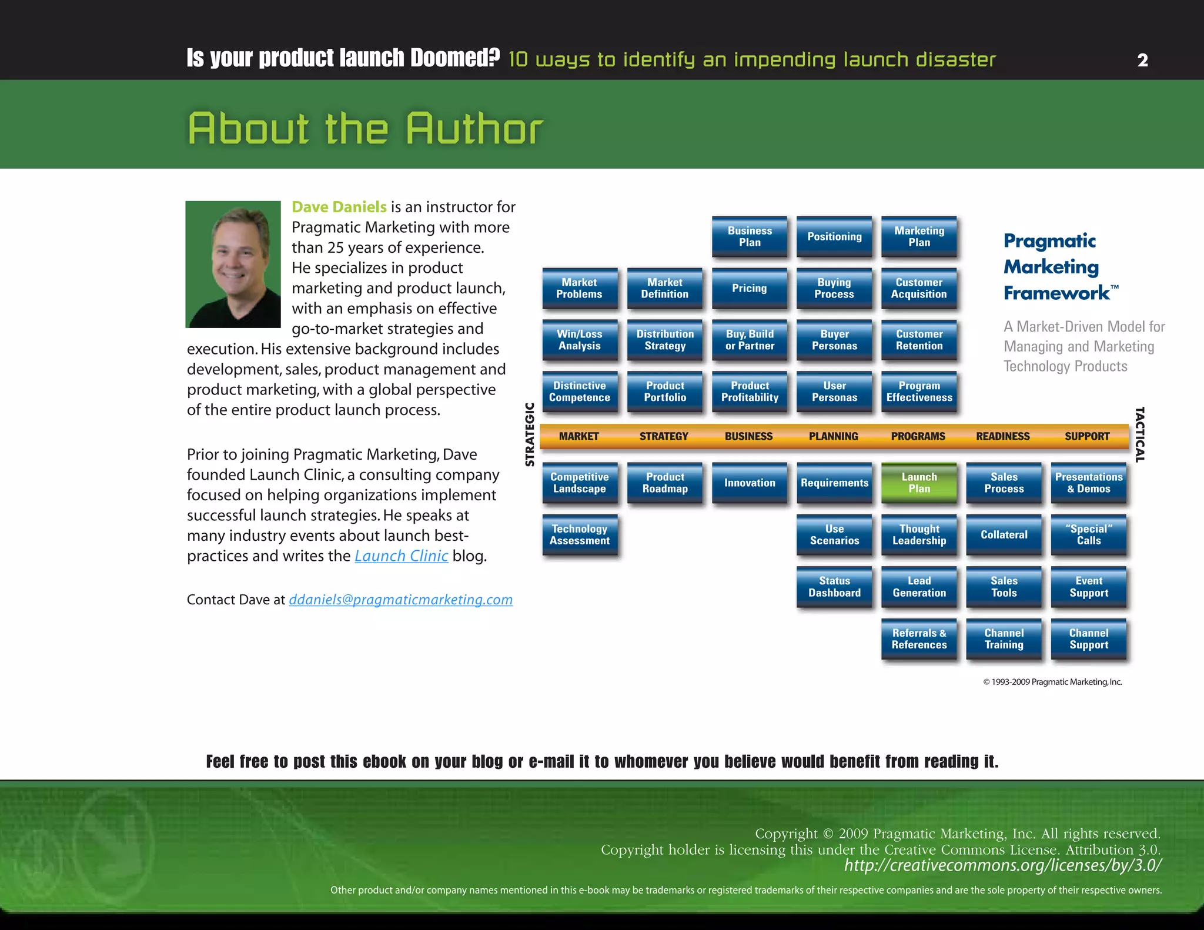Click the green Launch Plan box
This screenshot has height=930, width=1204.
[x=919, y=483]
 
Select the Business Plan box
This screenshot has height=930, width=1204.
[x=750, y=236]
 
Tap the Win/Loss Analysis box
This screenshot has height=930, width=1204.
[x=580, y=340]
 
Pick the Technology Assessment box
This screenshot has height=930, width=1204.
[x=580, y=534]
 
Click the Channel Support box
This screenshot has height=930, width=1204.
[x=1089, y=638]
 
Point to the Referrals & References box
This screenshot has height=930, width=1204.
[x=919, y=638]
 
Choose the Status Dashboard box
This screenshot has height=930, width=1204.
[x=834, y=587]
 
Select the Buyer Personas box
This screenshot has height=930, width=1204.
[x=834, y=340]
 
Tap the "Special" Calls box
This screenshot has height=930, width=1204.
[x=1089, y=534]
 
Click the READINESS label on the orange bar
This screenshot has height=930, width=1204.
[x=1003, y=436]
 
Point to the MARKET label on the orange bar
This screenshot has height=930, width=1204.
[x=578, y=436]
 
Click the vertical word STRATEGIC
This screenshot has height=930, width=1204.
[x=530, y=434]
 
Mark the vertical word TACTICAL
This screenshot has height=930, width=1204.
[x=1140, y=434]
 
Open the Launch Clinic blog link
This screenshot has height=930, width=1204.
[x=401, y=556]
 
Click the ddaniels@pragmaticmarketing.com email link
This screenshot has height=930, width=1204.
[x=400, y=600]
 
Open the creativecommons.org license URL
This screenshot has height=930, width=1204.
[x=1002, y=865]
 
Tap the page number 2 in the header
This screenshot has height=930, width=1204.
[x=1142, y=60]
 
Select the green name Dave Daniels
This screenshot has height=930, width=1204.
[x=339, y=207]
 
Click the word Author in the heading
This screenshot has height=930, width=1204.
[x=474, y=129]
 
